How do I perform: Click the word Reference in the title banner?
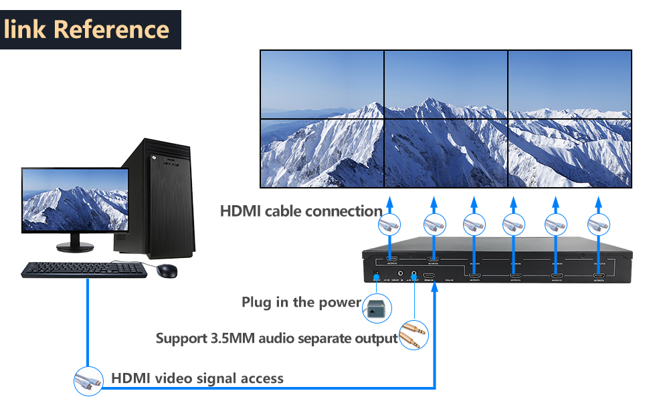111,29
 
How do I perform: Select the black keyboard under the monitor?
84,269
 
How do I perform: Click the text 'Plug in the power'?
301,302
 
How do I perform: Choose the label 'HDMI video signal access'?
197,378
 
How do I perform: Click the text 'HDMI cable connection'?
301,211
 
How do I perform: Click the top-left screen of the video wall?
322,84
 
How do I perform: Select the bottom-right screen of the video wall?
569,153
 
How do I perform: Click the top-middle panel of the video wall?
446,84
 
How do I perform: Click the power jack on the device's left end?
376,275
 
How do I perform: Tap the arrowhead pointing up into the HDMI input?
435,289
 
